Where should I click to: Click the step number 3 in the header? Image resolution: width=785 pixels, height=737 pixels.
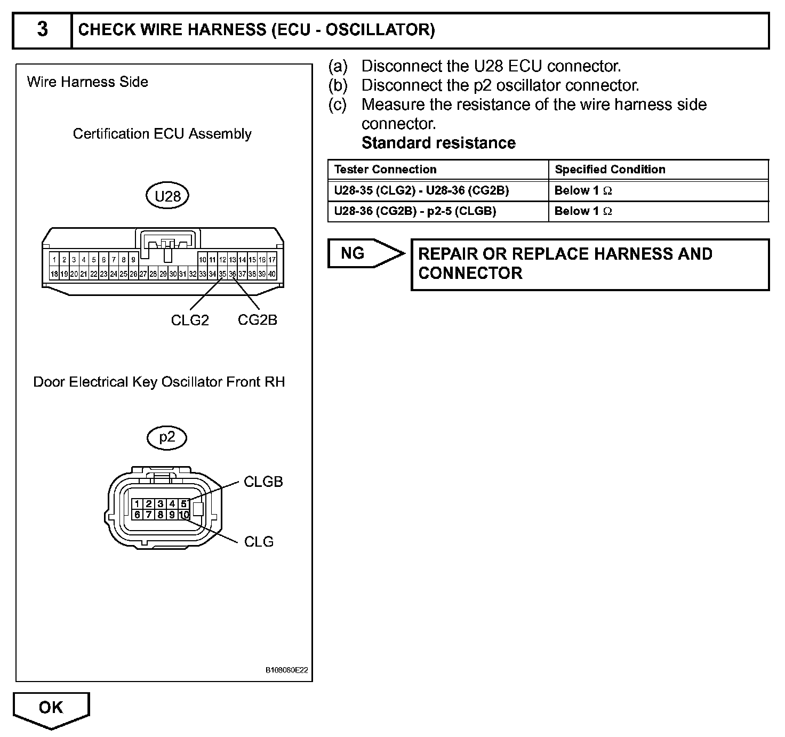(42, 30)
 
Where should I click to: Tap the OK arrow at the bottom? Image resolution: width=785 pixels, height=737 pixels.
(51, 709)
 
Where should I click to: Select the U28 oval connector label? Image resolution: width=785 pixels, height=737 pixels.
(167, 196)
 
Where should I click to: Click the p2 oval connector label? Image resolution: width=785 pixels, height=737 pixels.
(167, 437)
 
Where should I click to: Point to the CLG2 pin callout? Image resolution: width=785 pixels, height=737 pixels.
(190, 320)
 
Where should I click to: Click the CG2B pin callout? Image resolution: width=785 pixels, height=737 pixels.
(258, 320)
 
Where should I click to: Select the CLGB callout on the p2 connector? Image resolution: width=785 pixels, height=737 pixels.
(263, 482)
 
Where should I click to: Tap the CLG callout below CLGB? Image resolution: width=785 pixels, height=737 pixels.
(259, 542)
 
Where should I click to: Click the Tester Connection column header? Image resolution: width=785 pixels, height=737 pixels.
(385, 170)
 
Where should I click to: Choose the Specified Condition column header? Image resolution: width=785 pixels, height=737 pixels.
(610, 170)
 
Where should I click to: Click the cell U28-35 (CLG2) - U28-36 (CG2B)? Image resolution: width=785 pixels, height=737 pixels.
(421, 190)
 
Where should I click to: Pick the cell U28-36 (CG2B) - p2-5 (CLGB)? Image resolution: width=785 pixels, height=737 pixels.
(415, 211)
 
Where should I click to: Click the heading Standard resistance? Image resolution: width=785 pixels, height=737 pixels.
(438, 143)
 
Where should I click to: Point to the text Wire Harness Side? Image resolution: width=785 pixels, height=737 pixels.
(87, 82)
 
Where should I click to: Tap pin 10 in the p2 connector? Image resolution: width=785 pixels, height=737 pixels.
(184, 515)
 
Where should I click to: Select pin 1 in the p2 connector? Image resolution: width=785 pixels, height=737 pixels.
(137, 504)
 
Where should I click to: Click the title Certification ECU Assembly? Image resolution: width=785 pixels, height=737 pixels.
(162, 134)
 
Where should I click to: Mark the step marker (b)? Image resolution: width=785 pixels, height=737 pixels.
(338, 85)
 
